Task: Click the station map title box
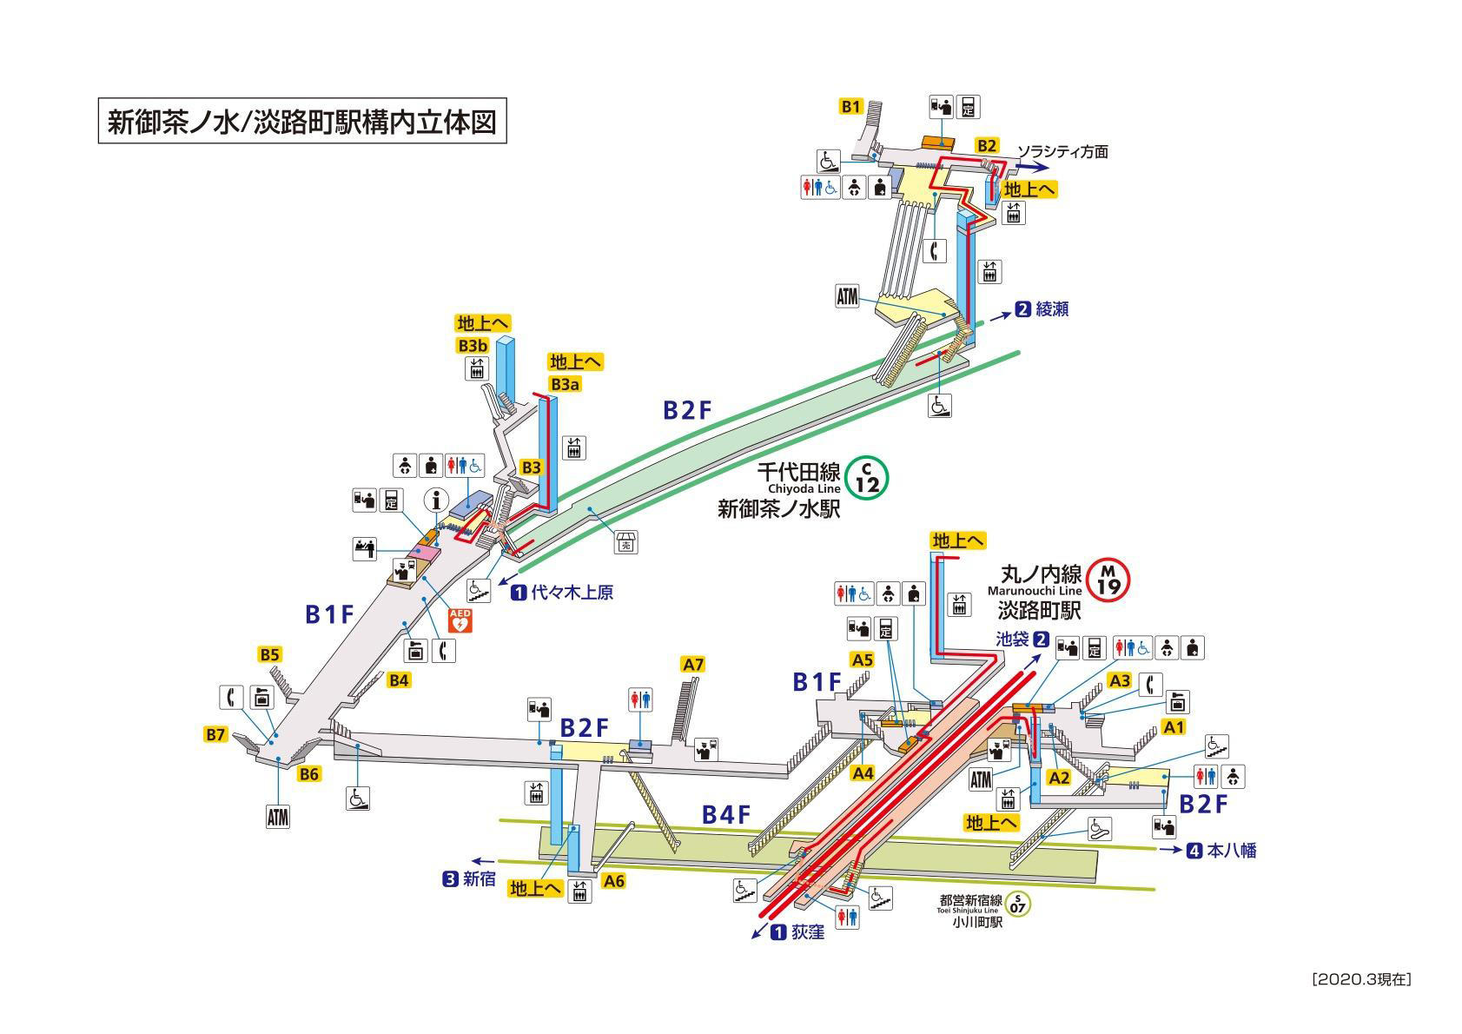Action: pyautogui.click(x=302, y=121)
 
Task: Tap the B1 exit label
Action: pyautogui.click(x=851, y=106)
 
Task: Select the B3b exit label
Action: pyautogui.click(x=473, y=345)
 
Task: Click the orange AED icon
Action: pyautogui.click(x=460, y=620)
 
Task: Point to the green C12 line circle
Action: pyautogui.click(x=867, y=479)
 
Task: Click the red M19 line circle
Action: pyautogui.click(x=1108, y=580)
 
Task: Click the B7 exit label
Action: pyautogui.click(x=215, y=735)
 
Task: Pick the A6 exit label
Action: pyautogui.click(x=613, y=881)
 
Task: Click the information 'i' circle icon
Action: pyautogui.click(x=437, y=500)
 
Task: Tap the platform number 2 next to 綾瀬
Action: pyautogui.click(x=1022, y=308)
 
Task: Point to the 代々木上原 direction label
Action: pyautogui.click(x=572, y=593)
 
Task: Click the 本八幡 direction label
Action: pyautogui.click(x=1232, y=851)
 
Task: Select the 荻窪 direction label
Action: pyautogui.click(x=808, y=932)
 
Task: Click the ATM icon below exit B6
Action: pyautogui.click(x=277, y=818)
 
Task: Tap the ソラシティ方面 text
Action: pyautogui.click(x=1062, y=152)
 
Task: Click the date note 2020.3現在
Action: pyautogui.click(x=1361, y=979)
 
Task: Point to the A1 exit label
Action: pyautogui.click(x=1174, y=727)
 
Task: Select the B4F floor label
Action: pyautogui.click(x=725, y=815)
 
